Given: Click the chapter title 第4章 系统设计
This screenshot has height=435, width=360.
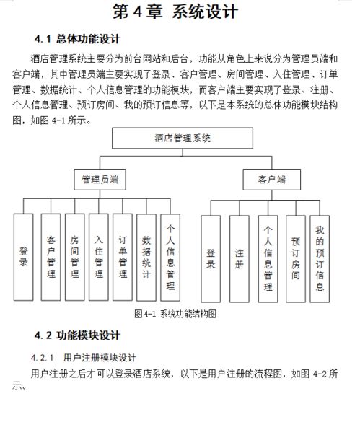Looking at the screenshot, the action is click(175, 12).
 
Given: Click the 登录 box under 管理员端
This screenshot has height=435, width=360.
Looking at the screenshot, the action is click(24, 257).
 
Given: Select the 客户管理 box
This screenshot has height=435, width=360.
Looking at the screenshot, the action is click(51, 257).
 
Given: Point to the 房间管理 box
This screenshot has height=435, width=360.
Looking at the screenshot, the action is click(74, 257).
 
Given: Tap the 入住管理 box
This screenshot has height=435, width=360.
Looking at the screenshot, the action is click(98, 257).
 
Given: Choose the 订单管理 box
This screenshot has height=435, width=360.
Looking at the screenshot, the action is click(123, 257).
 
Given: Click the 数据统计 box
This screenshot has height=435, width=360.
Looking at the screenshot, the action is click(146, 257).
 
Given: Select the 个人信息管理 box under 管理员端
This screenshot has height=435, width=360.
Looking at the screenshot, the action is click(170, 257).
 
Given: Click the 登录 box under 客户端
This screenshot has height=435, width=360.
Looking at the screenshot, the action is click(211, 258).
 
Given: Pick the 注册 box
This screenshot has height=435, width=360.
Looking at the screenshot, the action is click(240, 258).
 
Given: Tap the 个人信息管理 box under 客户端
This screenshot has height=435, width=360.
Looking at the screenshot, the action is click(268, 258).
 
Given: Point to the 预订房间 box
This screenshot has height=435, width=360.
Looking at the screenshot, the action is click(295, 258).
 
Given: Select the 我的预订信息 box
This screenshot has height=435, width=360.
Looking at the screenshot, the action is click(319, 258).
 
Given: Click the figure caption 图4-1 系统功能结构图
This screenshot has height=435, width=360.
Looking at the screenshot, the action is click(175, 314).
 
